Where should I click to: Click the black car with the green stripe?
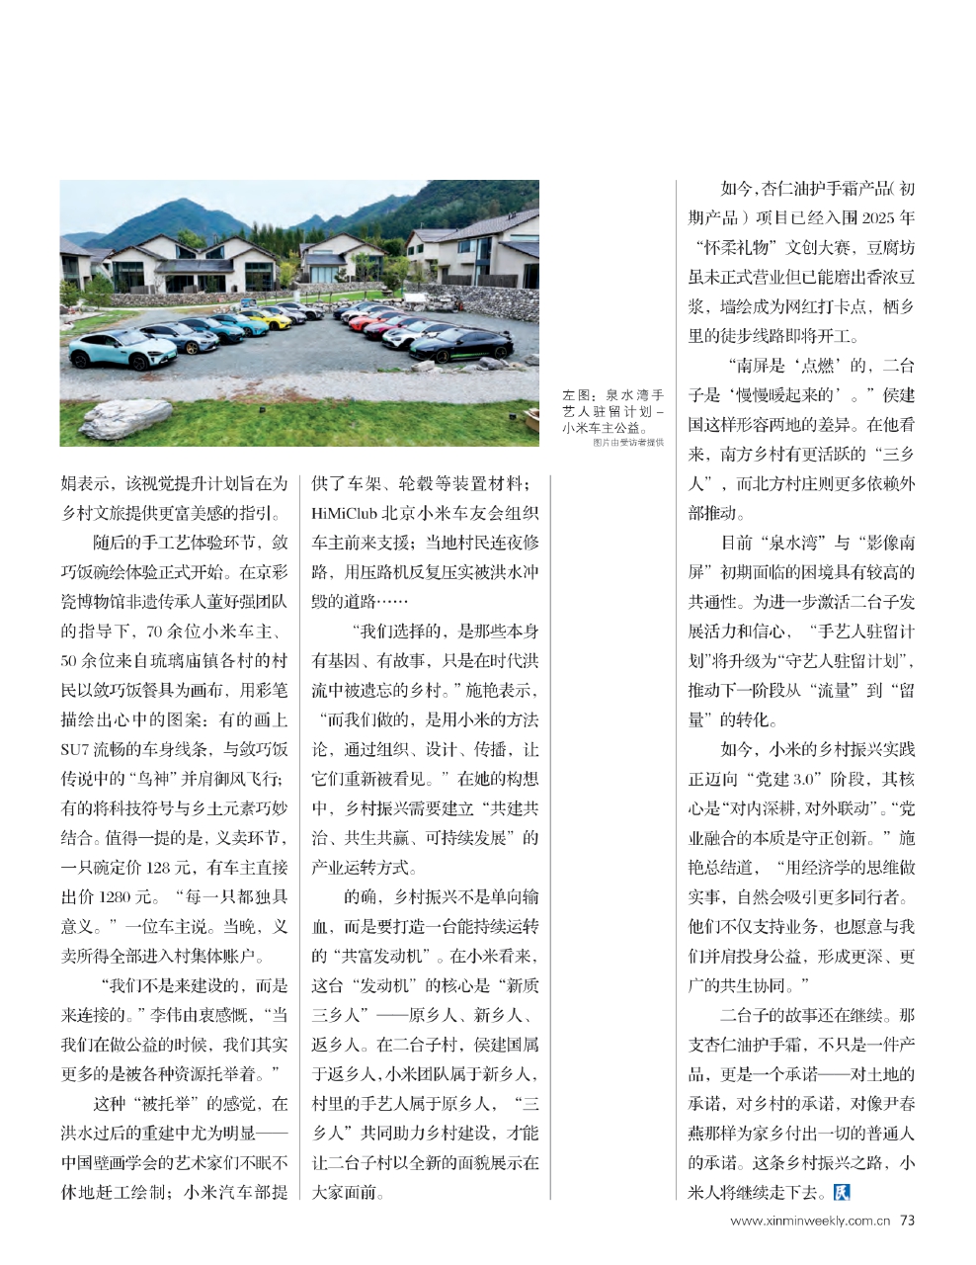[463, 344]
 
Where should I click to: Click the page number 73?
[907, 1220]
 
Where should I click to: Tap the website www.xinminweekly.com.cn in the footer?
[811, 1221]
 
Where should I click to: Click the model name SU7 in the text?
[75, 749]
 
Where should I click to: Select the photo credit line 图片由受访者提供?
[628, 442]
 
